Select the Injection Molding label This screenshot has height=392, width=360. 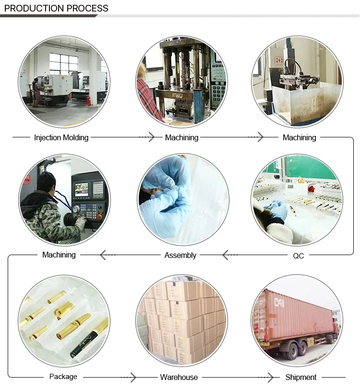pos(61,138)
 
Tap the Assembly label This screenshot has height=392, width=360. pos(180,256)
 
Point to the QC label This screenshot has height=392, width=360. pos(298,256)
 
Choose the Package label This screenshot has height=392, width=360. pos(63,377)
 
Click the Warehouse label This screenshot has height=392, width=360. pos(179,378)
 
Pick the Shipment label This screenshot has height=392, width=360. pos(301,378)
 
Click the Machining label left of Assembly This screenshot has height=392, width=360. pos(59,255)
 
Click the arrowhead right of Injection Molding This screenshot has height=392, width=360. pos(151,137)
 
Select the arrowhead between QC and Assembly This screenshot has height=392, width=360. pos(225,255)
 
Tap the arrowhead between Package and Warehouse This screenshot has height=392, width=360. pos(133,377)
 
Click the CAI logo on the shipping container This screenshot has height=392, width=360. pos(279,303)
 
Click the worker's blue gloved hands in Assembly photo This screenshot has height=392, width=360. pos(163,192)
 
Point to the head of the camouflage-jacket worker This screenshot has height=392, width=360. pos(47,182)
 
